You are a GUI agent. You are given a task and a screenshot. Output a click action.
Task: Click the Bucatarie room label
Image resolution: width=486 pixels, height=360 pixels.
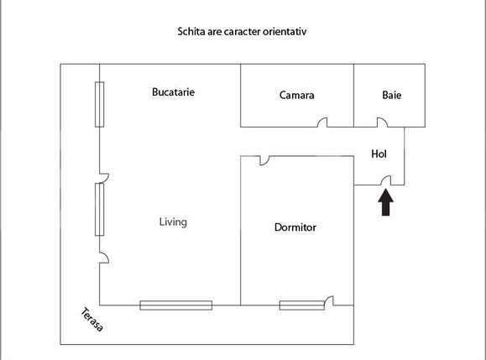tap(174, 91)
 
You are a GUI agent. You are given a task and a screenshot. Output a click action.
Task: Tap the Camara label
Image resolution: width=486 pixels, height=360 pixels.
tap(296, 95)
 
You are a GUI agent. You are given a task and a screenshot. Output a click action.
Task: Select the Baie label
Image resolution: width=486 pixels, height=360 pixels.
tap(391, 95)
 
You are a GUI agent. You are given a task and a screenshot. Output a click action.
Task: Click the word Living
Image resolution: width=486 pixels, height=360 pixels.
tap(173, 222)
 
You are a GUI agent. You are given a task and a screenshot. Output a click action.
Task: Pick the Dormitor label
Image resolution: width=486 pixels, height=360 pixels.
tap(295, 227)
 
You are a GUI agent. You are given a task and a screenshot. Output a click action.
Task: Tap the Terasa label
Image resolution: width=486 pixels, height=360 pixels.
tap(92, 319)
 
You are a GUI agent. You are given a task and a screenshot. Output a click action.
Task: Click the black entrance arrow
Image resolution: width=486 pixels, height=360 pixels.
tap(386, 203)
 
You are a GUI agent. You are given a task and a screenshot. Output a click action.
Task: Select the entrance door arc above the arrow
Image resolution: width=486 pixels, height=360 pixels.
tap(387, 180)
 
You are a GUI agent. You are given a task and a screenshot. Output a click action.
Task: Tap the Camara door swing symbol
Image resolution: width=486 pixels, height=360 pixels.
tap(322, 123)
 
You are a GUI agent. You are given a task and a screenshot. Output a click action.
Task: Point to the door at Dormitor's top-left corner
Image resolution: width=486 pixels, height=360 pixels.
tap(264, 159)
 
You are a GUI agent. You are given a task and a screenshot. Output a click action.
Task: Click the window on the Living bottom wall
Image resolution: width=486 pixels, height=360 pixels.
tap(175, 305)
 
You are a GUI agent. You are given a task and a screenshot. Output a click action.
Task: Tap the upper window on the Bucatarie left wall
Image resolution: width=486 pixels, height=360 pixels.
tap(99, 104)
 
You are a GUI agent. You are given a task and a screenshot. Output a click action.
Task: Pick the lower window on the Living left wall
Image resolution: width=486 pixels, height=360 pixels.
tap(99, 207)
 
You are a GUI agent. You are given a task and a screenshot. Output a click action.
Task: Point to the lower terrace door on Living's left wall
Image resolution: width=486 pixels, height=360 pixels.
tap(103, 258)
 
